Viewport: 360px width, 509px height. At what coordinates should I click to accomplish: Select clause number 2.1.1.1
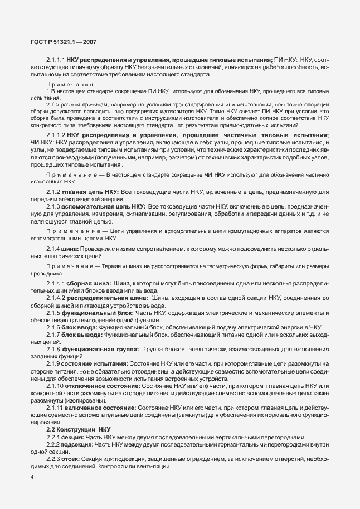56,60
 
